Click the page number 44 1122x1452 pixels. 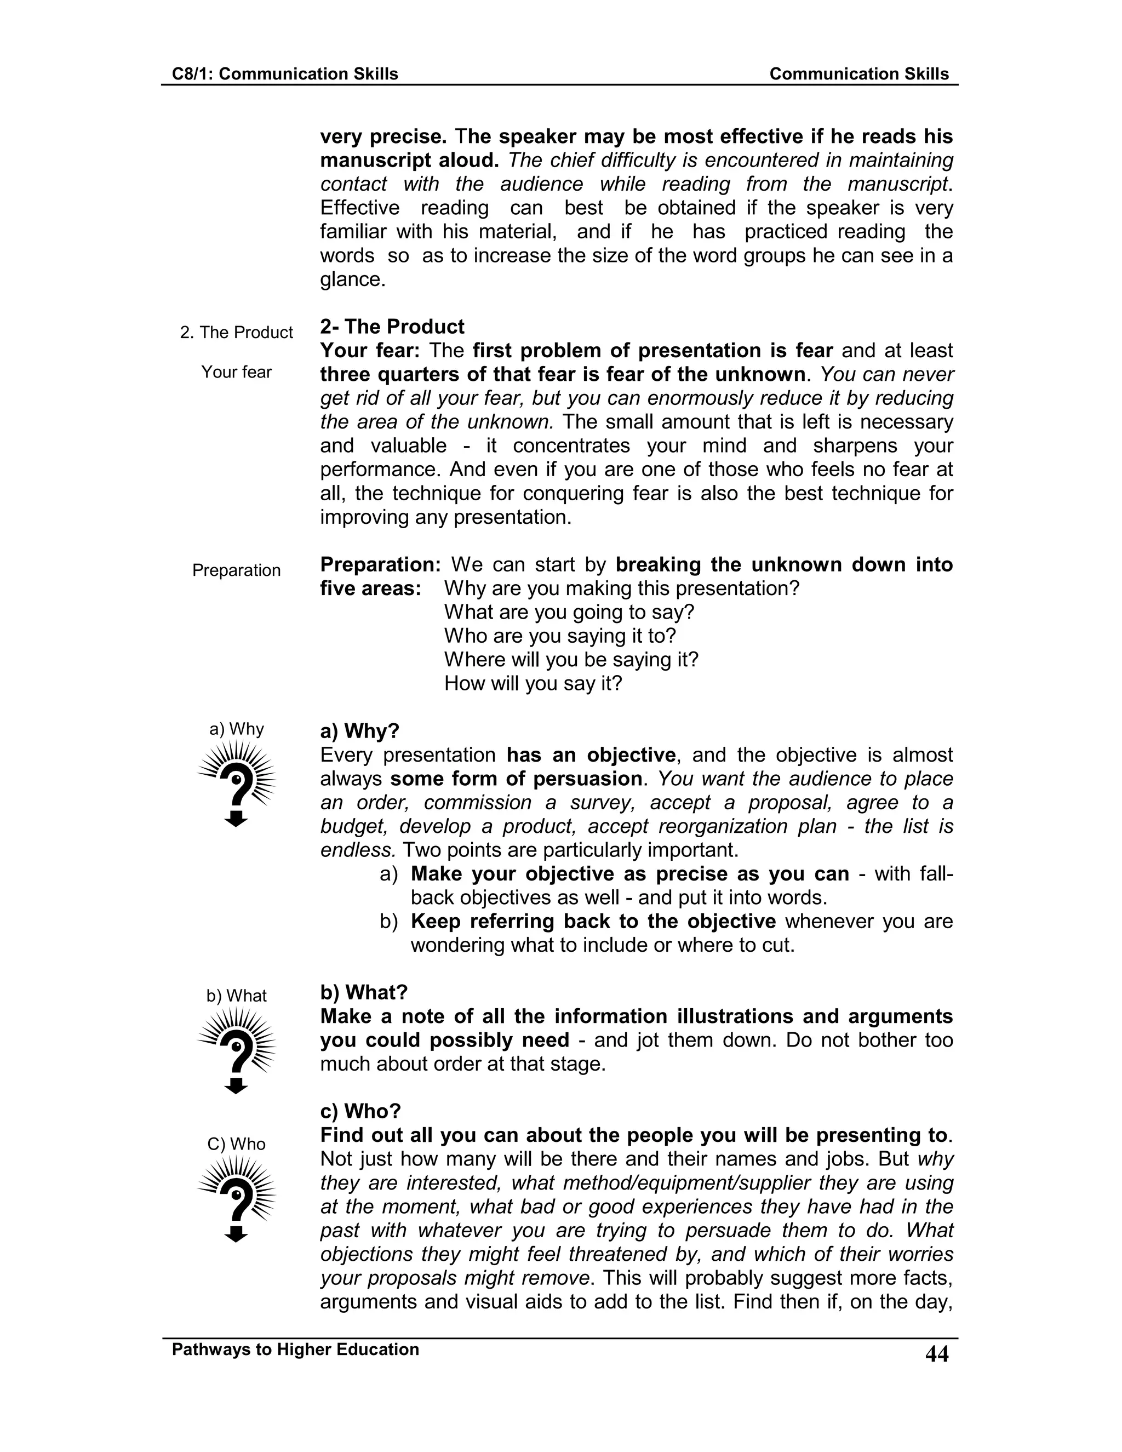936,1353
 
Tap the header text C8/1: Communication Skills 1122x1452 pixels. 284,74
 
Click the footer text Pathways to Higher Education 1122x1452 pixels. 295,1349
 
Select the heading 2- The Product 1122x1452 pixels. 392,327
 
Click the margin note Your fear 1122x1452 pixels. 236,371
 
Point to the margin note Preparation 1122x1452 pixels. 236,570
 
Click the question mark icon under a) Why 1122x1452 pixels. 236,784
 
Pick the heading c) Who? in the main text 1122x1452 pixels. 360,1111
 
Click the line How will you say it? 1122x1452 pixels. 533,683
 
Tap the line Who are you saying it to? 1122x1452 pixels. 560,636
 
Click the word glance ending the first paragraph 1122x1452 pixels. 351,279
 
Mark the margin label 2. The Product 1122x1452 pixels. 236,333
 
